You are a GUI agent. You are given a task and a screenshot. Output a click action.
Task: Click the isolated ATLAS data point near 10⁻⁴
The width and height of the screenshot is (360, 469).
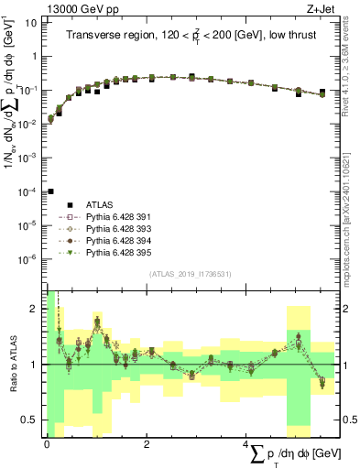coord(50,191)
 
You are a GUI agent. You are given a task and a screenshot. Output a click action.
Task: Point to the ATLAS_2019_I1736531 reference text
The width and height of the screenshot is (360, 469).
coord(191,274)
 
